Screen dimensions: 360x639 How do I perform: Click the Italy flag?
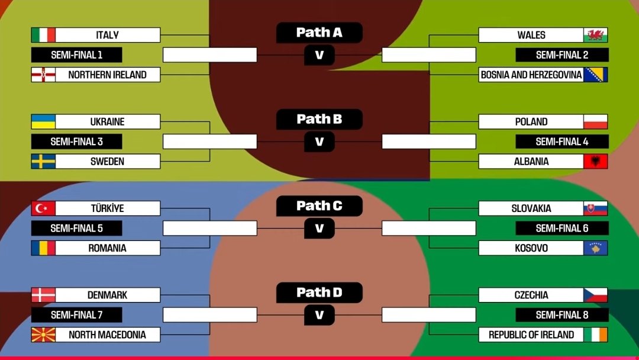click(x=43, y=35)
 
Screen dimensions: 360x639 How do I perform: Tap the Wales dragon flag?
click(x=595, y=35)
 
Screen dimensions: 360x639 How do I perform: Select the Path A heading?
click(x=319, y=33)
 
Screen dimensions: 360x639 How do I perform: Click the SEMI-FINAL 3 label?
click(x=76, y=142)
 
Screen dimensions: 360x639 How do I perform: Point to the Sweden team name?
click(x=107, y=161)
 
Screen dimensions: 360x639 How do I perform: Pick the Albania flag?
click(x=595, y=161)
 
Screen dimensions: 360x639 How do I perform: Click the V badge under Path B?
click(x=319, y=142)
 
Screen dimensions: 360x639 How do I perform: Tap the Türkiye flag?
click(x=43, y=208)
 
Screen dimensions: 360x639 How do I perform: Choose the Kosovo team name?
click(x=531, y=248)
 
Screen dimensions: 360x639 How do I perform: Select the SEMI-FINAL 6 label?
click(x=562, y=228)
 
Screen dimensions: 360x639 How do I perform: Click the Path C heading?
click(x=319, y=206)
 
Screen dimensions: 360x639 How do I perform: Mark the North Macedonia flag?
click(x=43, y=335)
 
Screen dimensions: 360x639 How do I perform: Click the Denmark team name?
click(x=107, y=295)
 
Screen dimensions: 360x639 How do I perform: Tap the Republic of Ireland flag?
click(x=595, y=335)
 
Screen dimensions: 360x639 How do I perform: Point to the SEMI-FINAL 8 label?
click(x=562, y=315)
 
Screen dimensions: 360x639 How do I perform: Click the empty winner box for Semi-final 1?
click(x=209, y=55)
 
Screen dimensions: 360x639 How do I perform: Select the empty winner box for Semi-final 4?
click(x=429, y=142)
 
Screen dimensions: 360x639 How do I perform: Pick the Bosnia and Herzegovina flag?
click(x=595, y=75)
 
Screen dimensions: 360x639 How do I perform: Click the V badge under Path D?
click(x=319, y=315)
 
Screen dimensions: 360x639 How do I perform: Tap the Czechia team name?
click(x=531, y=295)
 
